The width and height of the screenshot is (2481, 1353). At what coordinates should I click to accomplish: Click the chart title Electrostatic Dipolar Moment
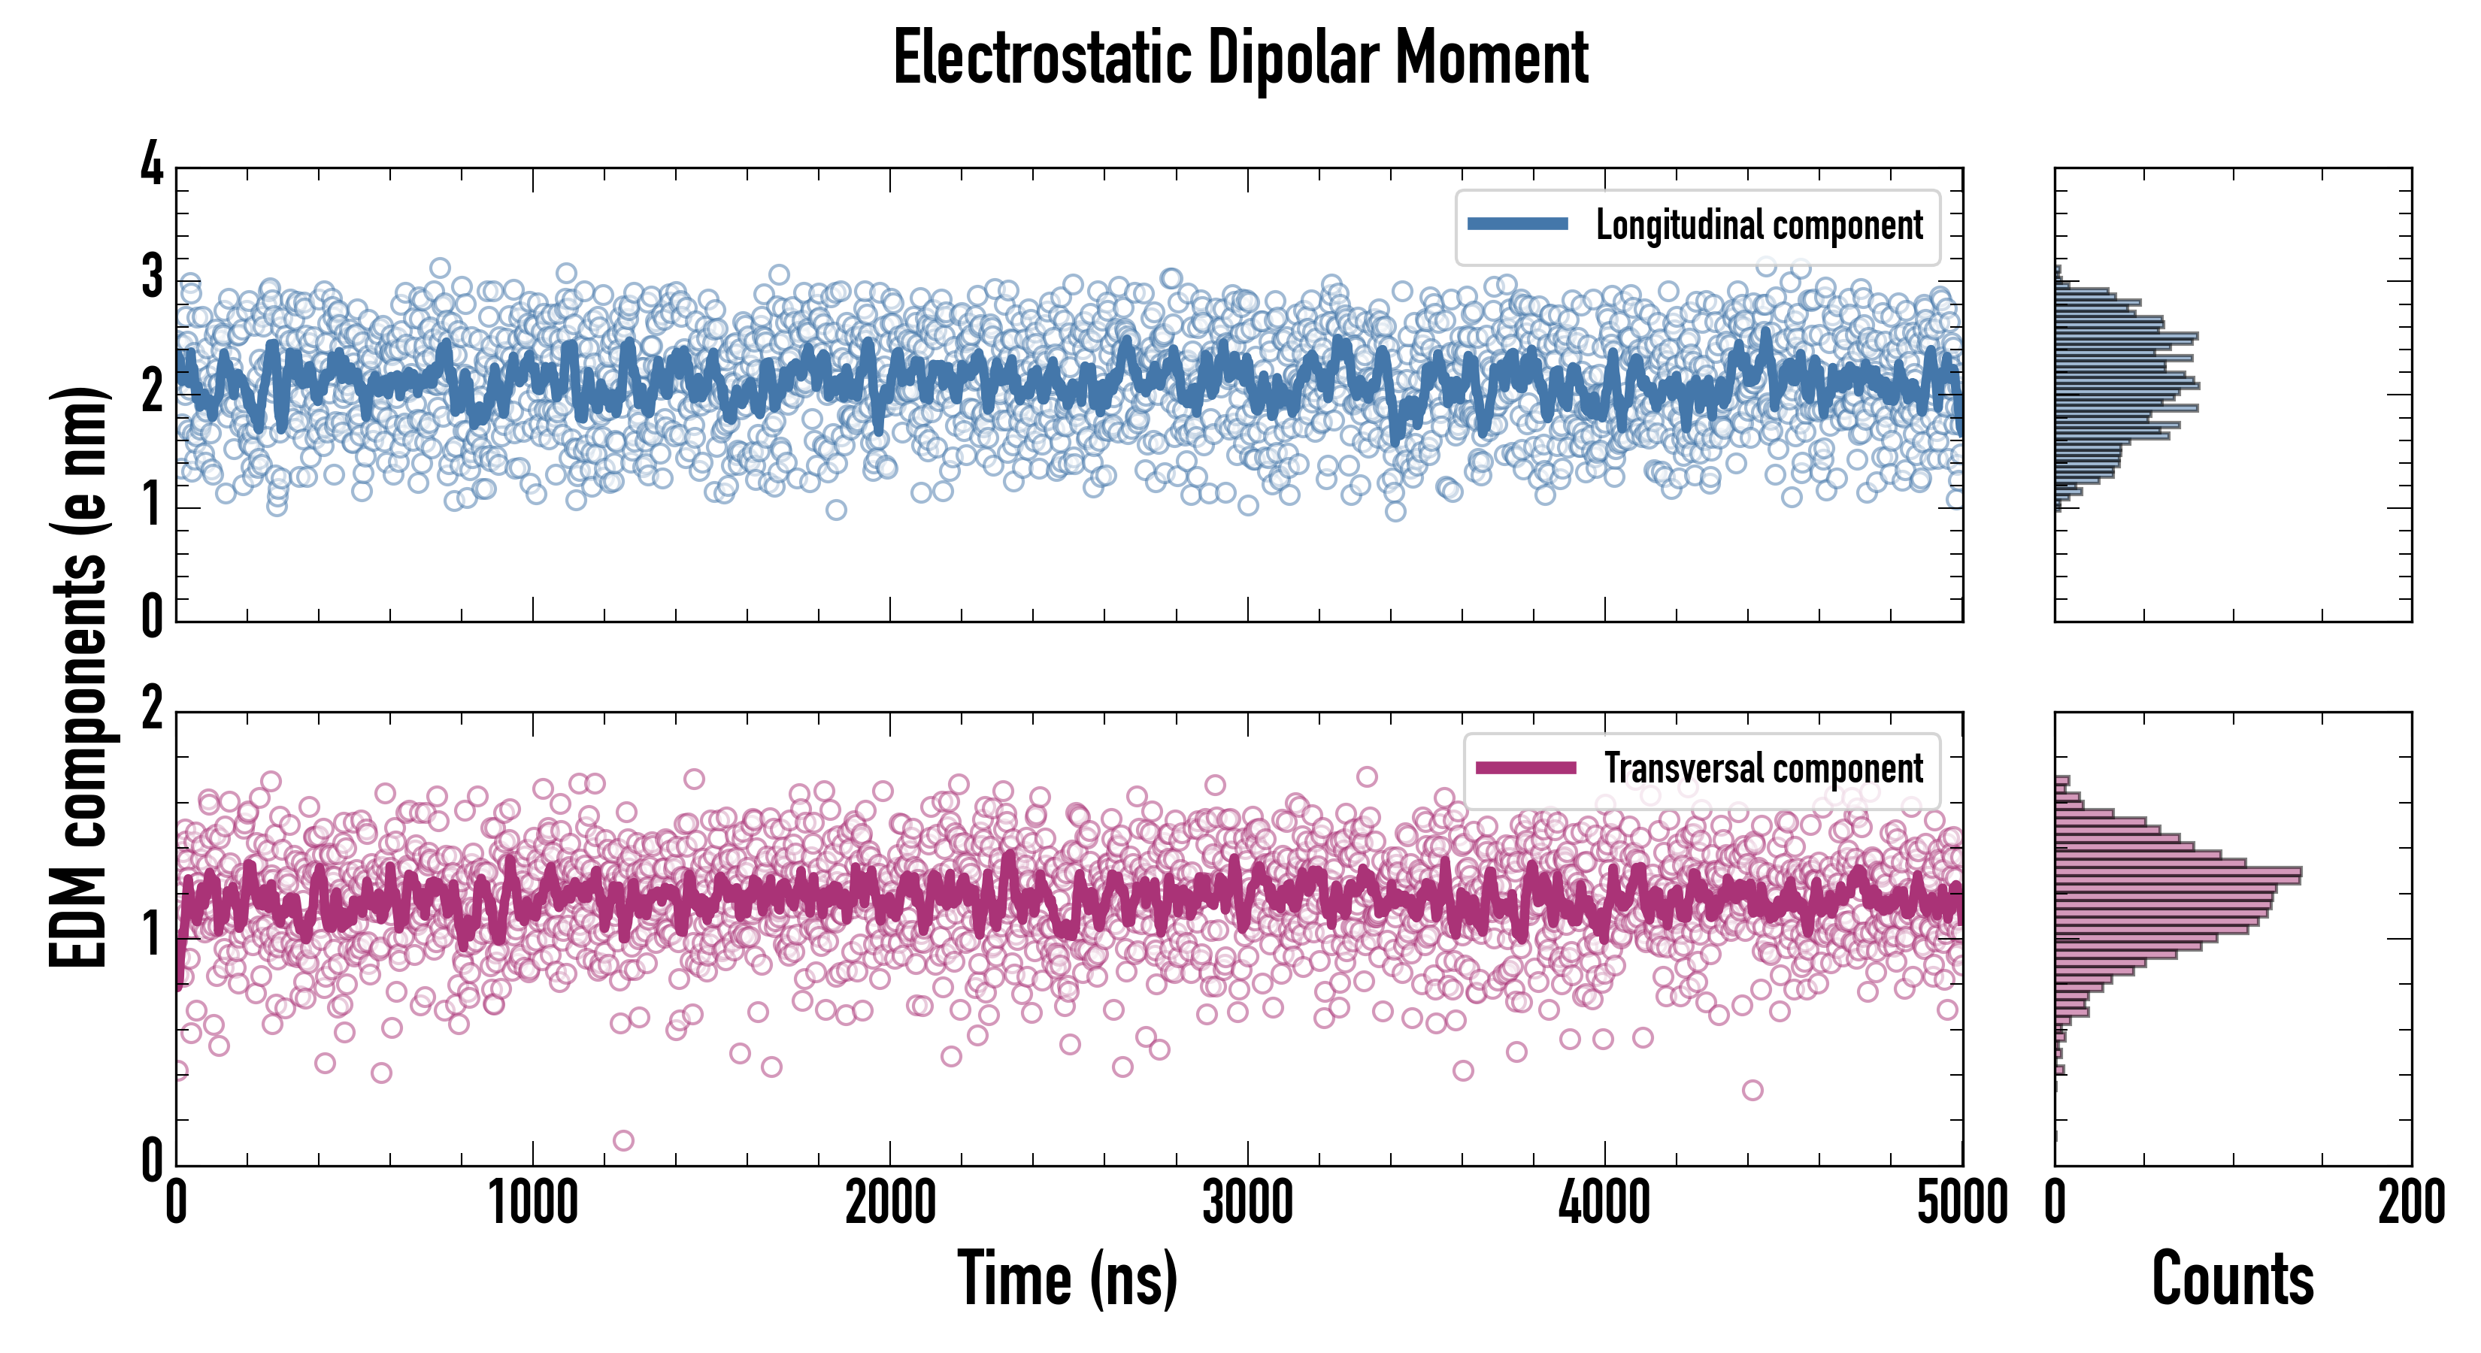pyautogui.click(x=1240, y=58)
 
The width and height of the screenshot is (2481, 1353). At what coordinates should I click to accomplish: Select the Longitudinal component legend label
pyautogui.click(x=1759, y=225)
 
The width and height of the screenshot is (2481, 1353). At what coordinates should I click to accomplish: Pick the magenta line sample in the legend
pyautogui.click(x=1525, y=767)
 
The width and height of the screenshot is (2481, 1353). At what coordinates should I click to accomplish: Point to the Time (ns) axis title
pyautogui.click(x=1067, y=1279)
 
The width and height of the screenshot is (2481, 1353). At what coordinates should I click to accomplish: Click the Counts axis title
pyautogui.click(x=2232, y=1279)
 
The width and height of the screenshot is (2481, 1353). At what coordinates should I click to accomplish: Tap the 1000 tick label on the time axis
pyautogui.click(x=532, y=1203)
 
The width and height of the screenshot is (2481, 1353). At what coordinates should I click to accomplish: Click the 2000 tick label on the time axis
pyautogui.click(x=890, y=1203)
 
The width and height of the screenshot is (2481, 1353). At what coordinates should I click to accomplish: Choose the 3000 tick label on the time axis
pyautogui.click(x=1247, y=1203)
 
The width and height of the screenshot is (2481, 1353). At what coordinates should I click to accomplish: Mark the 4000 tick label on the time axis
pyautogui.click(x=1604, y=1203)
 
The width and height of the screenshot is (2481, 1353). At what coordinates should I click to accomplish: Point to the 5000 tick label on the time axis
pyautogui.click(x=1962, y=1203)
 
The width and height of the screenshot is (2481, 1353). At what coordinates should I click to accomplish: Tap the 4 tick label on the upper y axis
pyautogui.click(x=152, y=164)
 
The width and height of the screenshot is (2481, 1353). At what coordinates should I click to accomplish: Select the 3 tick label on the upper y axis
pyautogui.click(x=152, y=277)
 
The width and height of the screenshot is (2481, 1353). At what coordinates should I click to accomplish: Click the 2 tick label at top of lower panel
pyautogui.click(x=152, y=710)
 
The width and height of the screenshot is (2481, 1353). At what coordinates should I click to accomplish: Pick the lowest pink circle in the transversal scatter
pyautogui.click(x=623, y=1141)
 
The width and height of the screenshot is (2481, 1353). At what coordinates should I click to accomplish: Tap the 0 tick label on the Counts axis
pyautogui.click(x=2055, y=1203)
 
